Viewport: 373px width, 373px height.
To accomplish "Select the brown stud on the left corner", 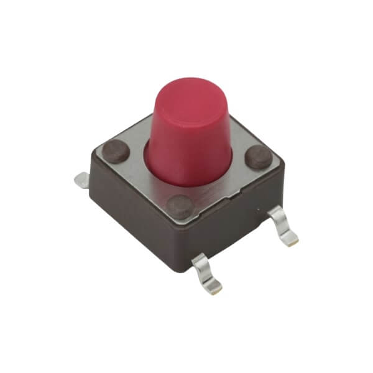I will (114, 149).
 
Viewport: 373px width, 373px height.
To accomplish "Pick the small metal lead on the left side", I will (80, 180).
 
